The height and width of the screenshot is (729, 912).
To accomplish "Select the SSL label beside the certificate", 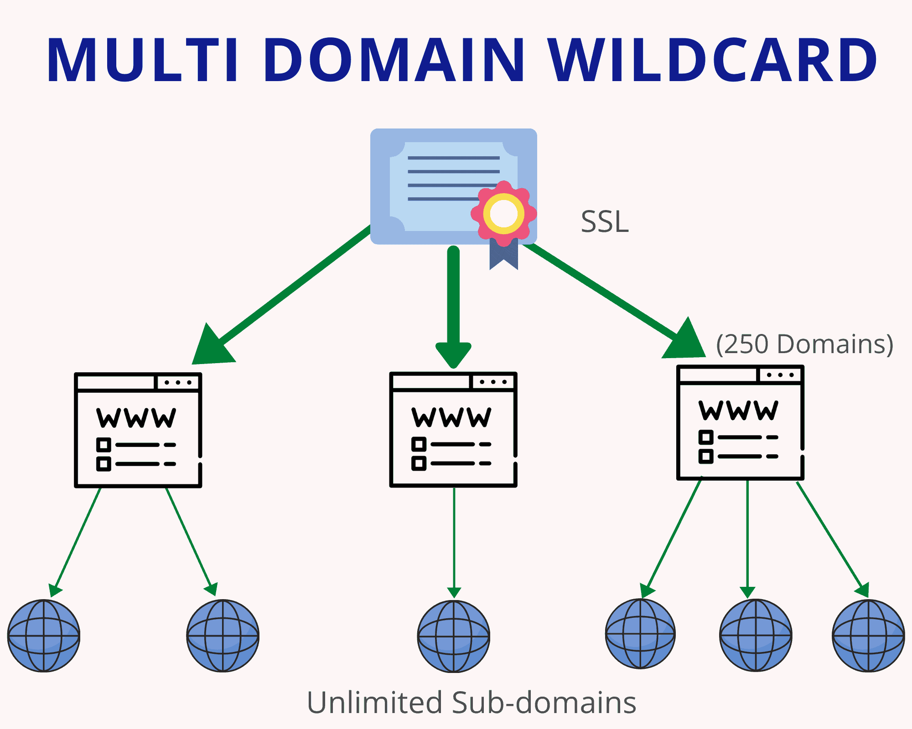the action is click(x=605, y=222).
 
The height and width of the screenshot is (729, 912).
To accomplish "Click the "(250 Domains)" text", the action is click(x=804, y=344).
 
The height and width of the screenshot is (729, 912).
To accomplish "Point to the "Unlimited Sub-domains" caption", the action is click(x=472, y=702).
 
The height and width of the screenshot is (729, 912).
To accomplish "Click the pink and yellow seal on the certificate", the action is click(x=504, y=213).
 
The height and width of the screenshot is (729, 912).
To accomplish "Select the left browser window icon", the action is click(x=138, y=430).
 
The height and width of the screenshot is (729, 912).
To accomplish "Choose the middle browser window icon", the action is click(x=453, y=429).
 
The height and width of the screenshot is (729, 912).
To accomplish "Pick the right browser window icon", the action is click(x=740, y=422).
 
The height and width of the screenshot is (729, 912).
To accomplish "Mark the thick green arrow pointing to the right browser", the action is click(x=614, y=301).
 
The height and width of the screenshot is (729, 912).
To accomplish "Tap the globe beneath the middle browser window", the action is click(x=454, y=636).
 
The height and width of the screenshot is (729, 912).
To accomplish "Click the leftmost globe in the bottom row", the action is click(x=44, y=636).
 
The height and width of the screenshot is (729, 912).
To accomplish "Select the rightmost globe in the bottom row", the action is click(x=869, y=636).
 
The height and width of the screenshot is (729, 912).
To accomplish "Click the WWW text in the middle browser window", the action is click(x=451, y=417).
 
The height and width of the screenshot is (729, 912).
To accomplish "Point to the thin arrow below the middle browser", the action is click(x=454, y=543).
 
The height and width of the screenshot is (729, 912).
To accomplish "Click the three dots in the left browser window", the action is click(x=178, y=382).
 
